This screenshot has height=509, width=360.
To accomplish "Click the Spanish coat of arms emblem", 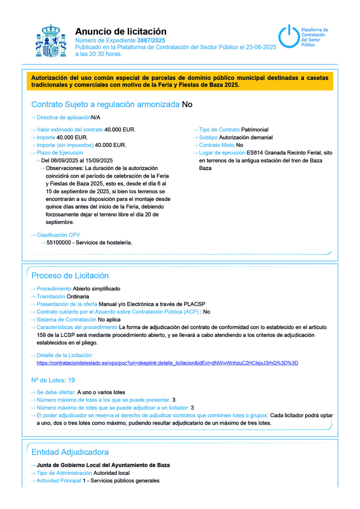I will point(51,41).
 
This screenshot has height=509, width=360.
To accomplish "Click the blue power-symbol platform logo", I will point(289,36).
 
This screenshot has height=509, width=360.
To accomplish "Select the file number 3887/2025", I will point(151,40).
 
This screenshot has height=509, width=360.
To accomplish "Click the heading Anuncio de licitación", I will point(121,31).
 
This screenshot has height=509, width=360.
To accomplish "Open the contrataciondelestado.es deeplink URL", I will point(167,363).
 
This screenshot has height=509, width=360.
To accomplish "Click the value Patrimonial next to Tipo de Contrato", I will point(255,130).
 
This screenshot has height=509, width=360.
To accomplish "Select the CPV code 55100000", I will point(58,242).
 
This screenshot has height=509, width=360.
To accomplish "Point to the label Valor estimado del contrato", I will point(70,130).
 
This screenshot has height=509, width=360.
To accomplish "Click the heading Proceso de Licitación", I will point(70,275).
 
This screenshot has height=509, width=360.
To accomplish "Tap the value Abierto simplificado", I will point(96,289).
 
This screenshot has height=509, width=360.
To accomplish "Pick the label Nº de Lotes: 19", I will point(53,380).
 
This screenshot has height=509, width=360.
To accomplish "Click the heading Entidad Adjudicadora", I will point(70,452).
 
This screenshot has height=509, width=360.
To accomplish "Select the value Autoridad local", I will point(111,473).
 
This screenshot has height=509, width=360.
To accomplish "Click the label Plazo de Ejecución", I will point(60,153).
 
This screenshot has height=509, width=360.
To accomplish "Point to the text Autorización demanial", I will point(246,137).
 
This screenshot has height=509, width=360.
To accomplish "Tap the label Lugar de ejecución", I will point(222,153).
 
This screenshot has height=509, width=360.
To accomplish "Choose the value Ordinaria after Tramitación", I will point(78,296).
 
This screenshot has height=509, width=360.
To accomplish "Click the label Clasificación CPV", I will point(58,235).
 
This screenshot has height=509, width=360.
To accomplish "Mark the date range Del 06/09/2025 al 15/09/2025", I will point(77,160).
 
